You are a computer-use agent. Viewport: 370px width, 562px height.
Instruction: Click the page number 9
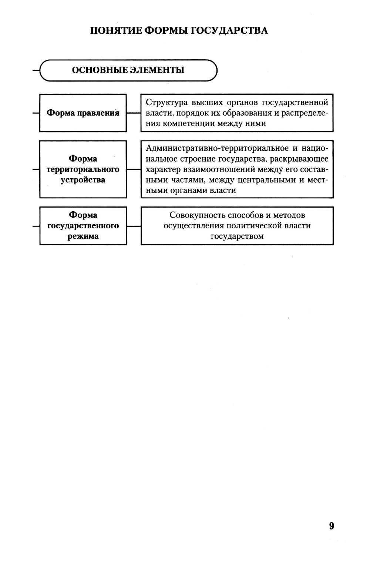331,526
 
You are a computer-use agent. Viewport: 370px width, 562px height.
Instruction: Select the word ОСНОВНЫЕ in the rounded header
98,70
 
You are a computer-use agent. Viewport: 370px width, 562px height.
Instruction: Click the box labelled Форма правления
83,113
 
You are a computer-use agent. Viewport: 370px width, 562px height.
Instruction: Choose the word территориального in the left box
83,169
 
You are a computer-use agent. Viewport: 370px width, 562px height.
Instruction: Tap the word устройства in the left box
83,180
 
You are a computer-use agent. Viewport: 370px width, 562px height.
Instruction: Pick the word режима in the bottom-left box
83,236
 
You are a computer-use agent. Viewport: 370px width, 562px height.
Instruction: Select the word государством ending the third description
237,236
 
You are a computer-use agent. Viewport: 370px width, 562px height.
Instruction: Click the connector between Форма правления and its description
134,113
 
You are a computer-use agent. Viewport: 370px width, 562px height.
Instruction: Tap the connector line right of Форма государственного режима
134,226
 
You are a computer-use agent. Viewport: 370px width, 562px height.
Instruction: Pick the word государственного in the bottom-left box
83,226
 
